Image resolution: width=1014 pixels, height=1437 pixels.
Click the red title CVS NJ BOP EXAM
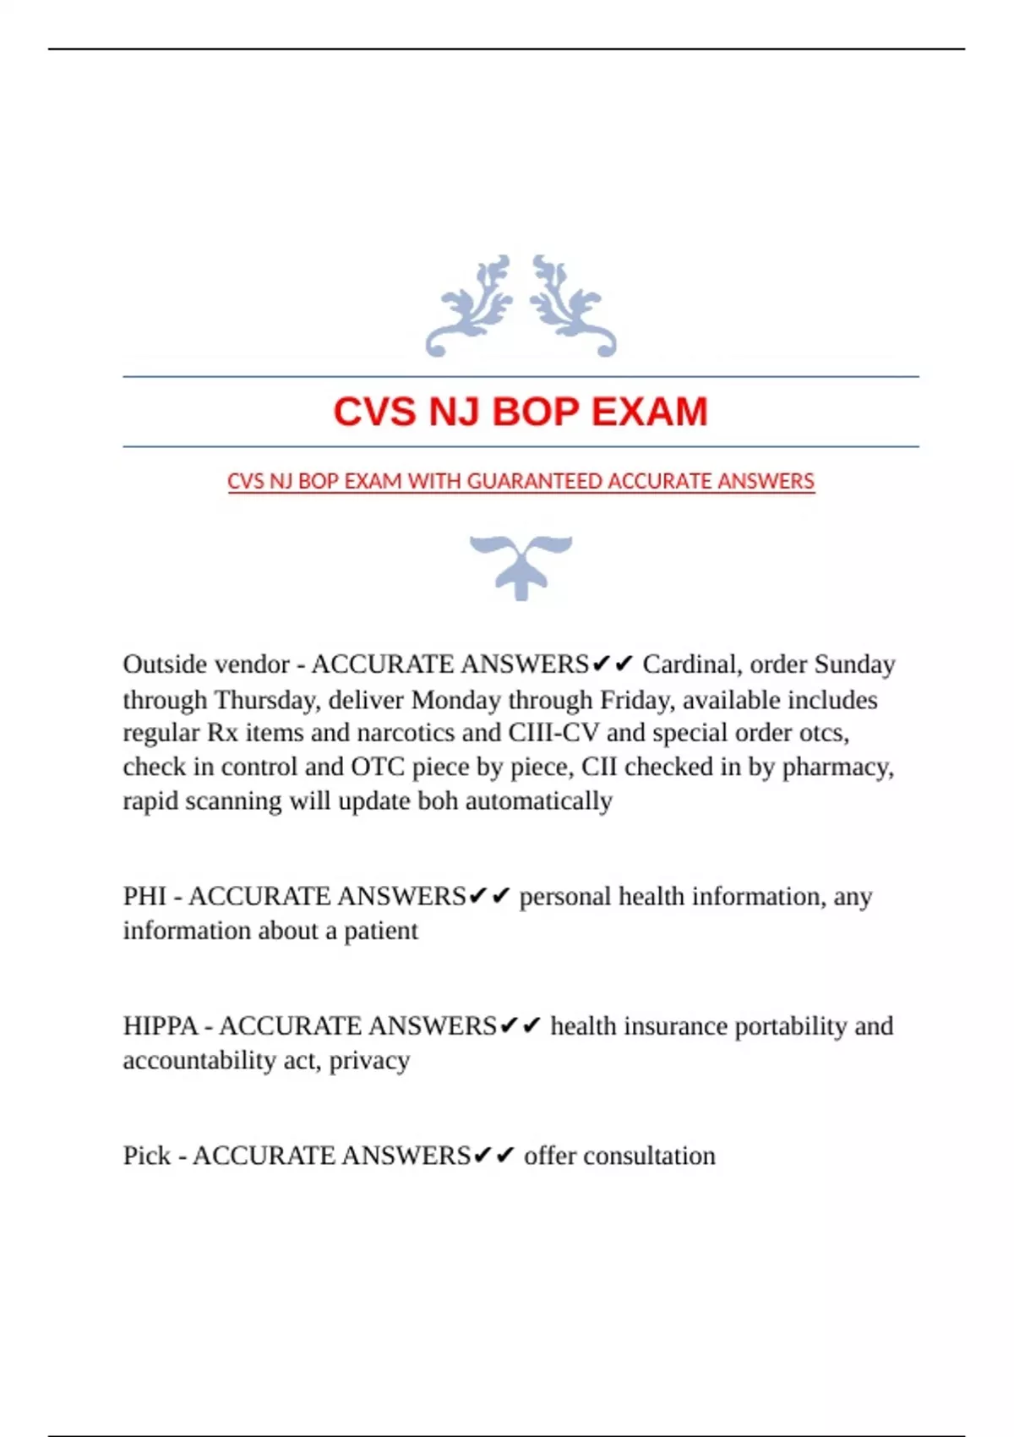click(520, 412)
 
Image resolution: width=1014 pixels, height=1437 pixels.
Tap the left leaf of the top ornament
click(472, 306)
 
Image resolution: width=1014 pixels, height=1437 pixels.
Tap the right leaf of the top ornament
click(571, 306)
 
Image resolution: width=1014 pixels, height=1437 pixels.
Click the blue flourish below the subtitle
click(521, 566)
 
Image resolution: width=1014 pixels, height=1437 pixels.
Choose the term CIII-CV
click(553, 733)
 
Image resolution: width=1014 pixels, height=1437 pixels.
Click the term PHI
click(144, 896)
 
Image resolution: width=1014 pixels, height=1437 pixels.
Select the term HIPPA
click(160, 1026)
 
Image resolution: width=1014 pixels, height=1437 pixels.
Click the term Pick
click(146, 1156)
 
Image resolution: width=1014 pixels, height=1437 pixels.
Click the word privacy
click(369, 1060)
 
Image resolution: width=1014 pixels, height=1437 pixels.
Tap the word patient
click(380, 931)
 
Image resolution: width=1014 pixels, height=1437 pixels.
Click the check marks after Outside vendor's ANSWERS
click(613, 664)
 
